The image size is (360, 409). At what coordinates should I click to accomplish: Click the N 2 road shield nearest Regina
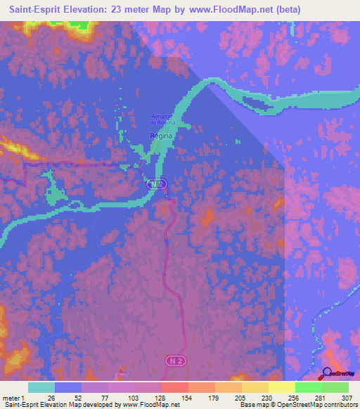(158, 183)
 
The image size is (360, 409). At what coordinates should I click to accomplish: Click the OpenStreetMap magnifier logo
(328, 373)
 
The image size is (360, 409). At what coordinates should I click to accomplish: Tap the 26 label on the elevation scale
(51, 397)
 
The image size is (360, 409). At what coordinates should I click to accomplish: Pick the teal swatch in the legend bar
(41, 387)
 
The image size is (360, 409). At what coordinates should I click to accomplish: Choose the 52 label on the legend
(77, 397)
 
